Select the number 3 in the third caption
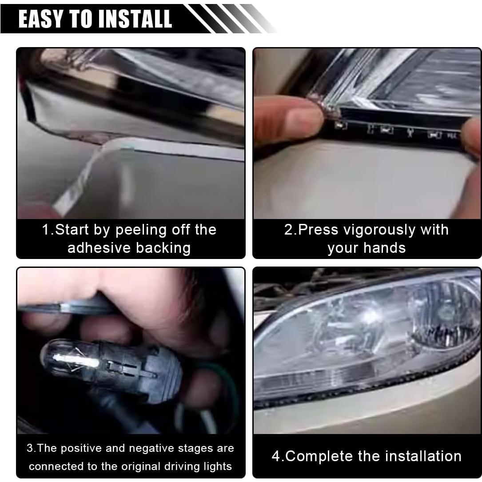point(29,448)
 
